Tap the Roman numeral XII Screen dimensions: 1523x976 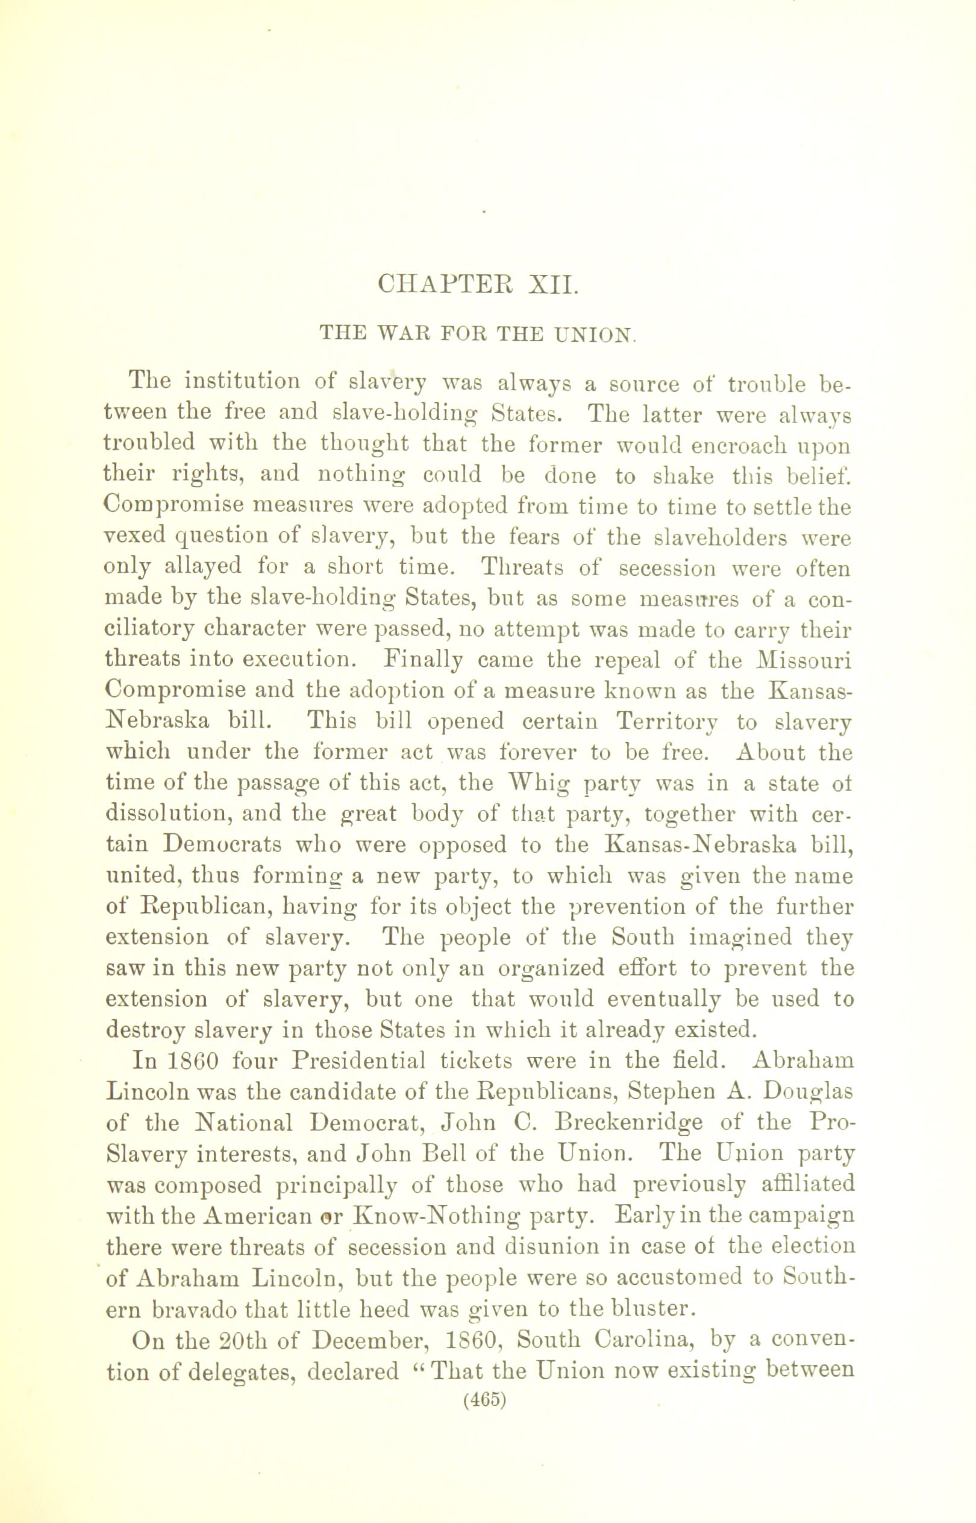point(552,283)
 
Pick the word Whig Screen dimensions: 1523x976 point(533,783)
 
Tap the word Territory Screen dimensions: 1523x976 point(668,722)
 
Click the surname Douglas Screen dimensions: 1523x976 point(809,1091)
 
